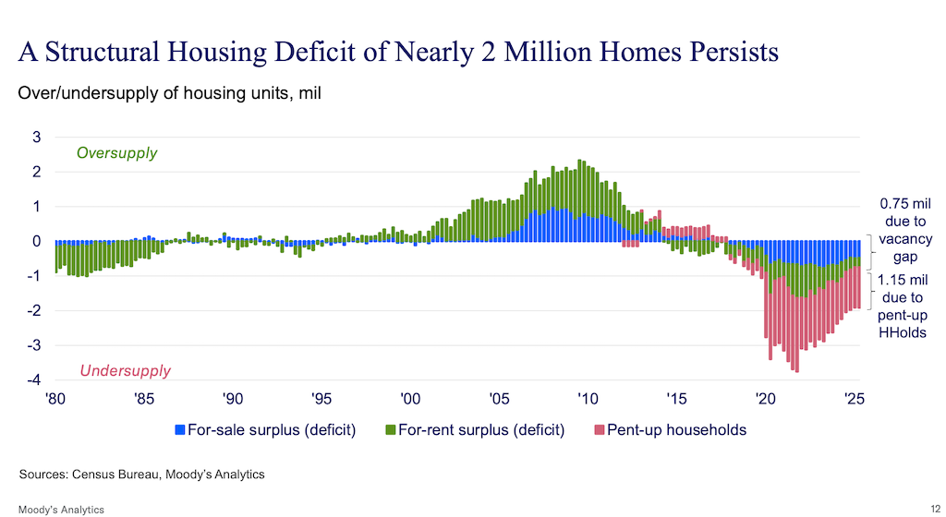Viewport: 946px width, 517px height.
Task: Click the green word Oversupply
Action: (x=116, y=153)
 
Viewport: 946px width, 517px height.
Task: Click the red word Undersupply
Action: (x=125, y=371)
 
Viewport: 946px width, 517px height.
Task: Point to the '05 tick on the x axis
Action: (x=499, y=399)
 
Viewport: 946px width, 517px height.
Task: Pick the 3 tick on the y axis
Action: (x=37, y=138)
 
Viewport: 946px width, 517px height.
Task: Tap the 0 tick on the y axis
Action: (x=37, y=242)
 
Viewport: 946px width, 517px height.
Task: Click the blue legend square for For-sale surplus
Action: (x=179, y=430)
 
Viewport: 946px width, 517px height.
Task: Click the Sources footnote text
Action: (x=141, y=475)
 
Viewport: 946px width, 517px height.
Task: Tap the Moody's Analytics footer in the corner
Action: (x=61, y=510)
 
